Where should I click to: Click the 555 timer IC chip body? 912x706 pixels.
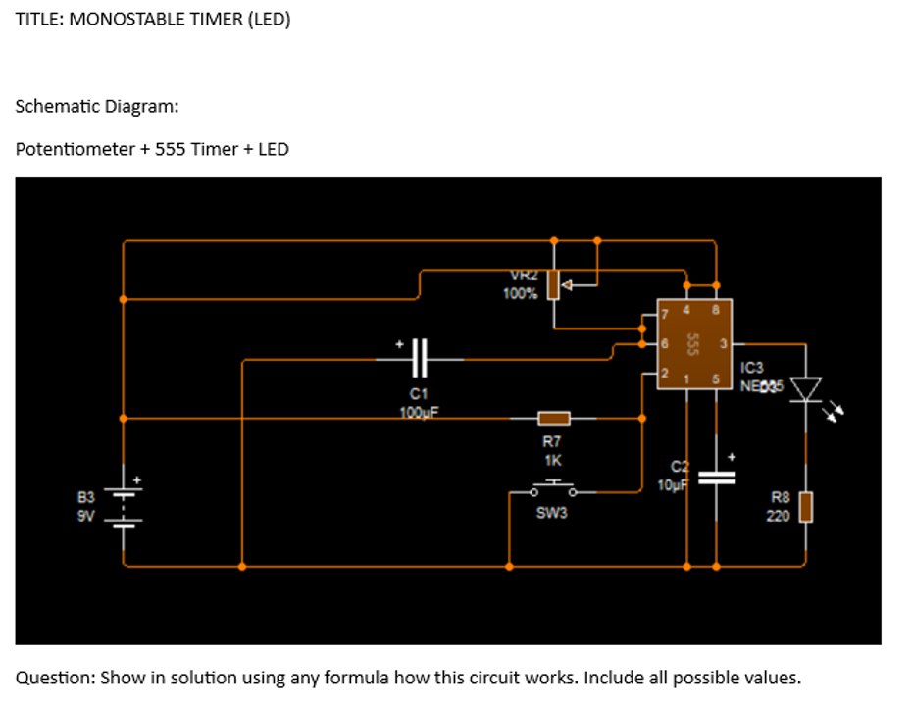(x=693, y=344)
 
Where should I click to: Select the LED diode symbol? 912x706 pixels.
(x=806, y=389)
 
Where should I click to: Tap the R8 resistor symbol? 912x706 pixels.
(x=806, y=507)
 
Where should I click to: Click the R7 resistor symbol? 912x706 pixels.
(x=553, y=419)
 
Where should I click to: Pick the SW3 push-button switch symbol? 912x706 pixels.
(x=552, y=487)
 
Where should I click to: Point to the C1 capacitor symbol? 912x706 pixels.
(x=420, y=359)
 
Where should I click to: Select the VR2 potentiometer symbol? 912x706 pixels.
(x=554, y=284)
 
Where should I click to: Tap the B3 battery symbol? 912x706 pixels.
(x=124, y=508)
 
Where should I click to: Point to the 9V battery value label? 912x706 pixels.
(x=86, y=516)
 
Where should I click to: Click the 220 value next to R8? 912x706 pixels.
(x=778, y=516)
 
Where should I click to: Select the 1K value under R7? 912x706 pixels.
(x=552, y=459)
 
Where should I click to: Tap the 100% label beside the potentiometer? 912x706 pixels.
(x=520, y=294)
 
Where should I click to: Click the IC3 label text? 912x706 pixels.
(x=752, y=368)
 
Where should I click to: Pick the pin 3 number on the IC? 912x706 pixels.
(x=723, y=344)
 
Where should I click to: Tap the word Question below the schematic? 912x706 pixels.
(x=54, y=678)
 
